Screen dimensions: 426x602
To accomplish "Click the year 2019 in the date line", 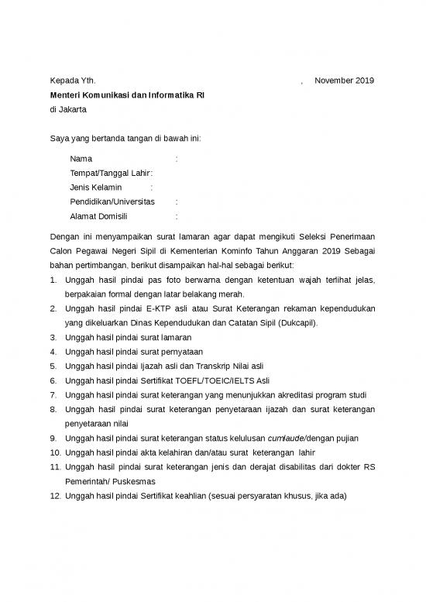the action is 363,81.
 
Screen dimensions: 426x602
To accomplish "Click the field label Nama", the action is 81,159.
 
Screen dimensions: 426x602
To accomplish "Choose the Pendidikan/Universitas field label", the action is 112,201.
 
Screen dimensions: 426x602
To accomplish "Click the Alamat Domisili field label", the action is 98,216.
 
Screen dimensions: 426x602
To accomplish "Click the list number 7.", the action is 53,395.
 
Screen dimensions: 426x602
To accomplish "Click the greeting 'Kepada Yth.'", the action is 73,81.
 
